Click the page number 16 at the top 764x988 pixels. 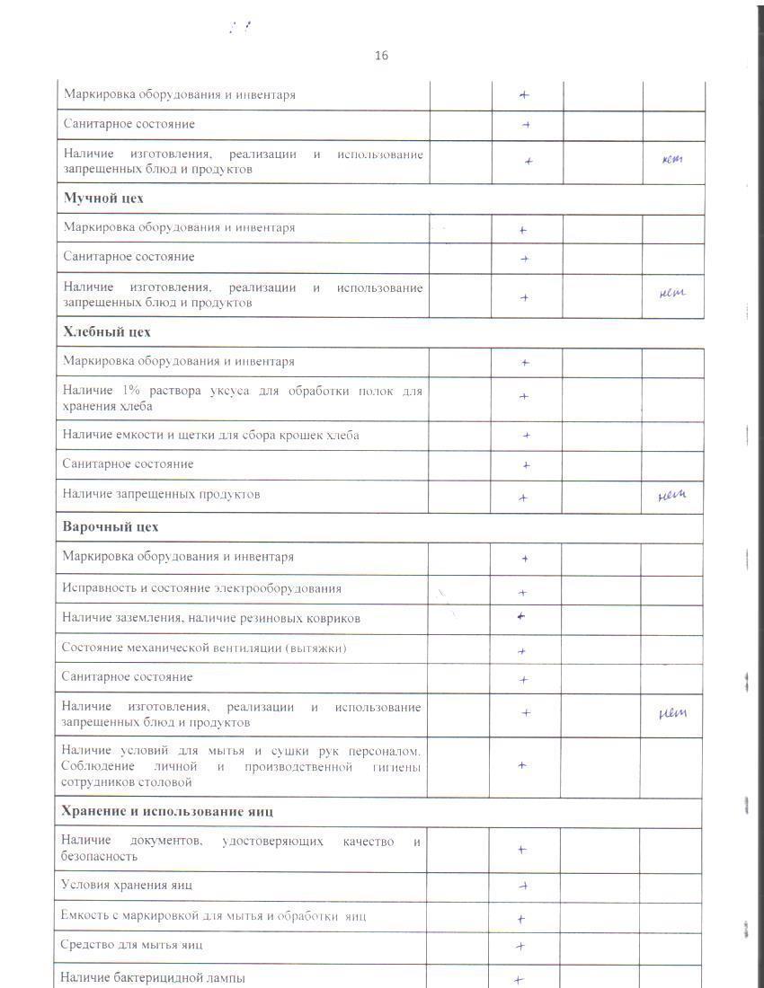[381, 56]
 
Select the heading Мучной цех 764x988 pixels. [103, 198]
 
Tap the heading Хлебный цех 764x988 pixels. [107, 331]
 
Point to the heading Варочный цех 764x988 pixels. [110, 526]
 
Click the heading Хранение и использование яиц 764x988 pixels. [167, 811]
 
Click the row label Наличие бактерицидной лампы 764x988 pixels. [153, 977]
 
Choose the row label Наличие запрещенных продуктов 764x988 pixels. [161, 494]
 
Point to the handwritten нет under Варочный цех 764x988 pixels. [672, 713]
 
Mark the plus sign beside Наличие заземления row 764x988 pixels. [521, 617]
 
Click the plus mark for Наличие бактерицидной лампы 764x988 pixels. [519, 980]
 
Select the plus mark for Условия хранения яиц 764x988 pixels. [522, 886]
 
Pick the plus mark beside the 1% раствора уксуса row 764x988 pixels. [524, 396]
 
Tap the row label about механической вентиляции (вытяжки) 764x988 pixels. [204, 648]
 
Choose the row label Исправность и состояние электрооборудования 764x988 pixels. [201, 588]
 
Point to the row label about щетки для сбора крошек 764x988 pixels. [210, 435]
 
